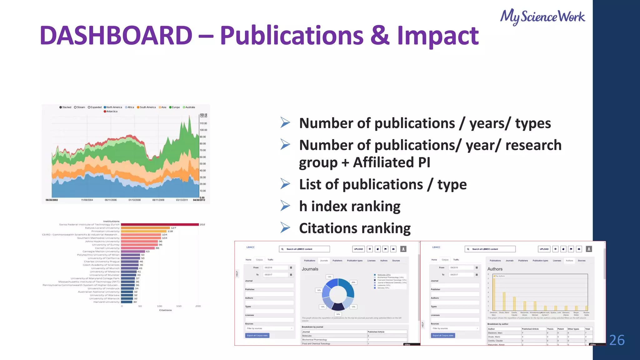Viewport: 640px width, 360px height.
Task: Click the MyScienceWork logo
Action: (x=542, y=17)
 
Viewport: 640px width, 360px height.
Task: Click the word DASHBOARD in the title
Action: (x=116, y=35)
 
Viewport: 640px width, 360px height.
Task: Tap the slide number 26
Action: (x=617, y=340)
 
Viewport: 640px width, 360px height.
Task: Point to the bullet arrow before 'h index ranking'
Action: (x=285, y=206)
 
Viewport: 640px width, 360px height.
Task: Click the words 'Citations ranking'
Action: (x=355, y=228)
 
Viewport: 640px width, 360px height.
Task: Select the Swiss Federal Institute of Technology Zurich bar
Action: (x=160, y=224)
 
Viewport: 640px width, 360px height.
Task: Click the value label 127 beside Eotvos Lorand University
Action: (x=173, y=228)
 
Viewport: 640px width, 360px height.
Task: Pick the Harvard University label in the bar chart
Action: (x=106, y=302)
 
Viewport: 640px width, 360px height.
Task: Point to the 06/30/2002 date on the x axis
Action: (x=52, y=200)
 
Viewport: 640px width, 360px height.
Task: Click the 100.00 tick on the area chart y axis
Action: (x=203, y=130)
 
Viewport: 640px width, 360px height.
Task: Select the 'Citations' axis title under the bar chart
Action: (x=165, y=310)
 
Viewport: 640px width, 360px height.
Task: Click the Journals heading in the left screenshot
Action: (x=310, y=269)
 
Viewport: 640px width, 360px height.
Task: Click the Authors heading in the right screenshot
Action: (x=495, y=269)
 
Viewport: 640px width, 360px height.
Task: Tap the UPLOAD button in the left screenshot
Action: (x=358, y=249)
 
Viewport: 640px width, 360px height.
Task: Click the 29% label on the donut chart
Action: (x=353, y=282)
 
